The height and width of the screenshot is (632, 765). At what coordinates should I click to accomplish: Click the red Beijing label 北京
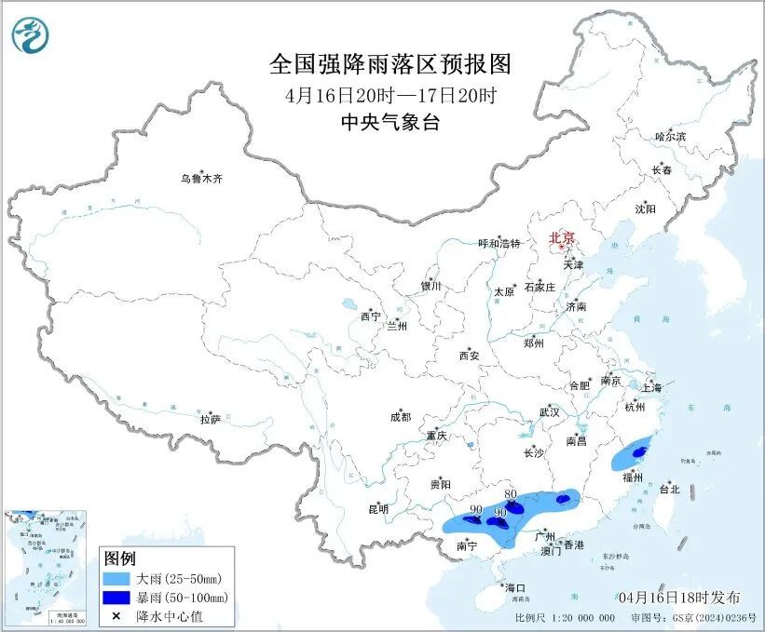(x=562, y=237)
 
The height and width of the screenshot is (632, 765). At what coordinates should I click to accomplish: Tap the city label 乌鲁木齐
(x=202, y=178)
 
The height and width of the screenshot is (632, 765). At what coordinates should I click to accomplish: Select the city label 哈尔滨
(x=669, y=136)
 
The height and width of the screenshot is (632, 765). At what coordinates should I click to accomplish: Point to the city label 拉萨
(x=210, y=420)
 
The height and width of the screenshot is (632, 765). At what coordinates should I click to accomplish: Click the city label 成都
(x=400, y=418)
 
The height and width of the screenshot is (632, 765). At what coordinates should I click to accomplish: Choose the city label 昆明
(x=377, y=509)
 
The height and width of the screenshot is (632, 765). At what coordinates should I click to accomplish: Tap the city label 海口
(x=515, y=587)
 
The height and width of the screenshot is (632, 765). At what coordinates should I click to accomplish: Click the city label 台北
(x=669, y=489)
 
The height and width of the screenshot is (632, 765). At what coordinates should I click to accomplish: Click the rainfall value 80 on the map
(x=510, y=494)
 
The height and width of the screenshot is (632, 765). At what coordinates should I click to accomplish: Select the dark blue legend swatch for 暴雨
(x=116, y=597)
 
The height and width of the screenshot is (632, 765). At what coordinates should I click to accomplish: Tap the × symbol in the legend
(x=116, y=615)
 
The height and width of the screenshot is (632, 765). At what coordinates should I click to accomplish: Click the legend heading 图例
(x=120, y=558)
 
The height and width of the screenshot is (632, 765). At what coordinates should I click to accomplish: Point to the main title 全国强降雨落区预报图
(x=390, y=63)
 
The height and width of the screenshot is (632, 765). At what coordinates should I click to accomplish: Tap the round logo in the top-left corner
(x=31, y=34)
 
